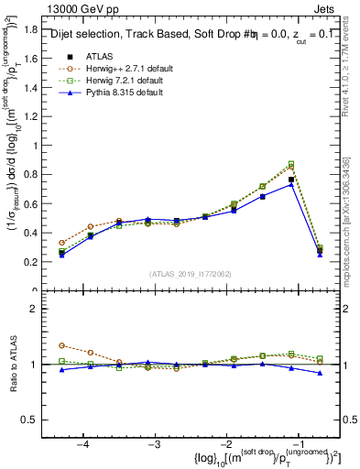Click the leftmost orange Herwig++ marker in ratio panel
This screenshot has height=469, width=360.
pos(61,345)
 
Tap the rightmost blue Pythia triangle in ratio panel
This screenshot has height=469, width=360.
pos(320,373)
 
